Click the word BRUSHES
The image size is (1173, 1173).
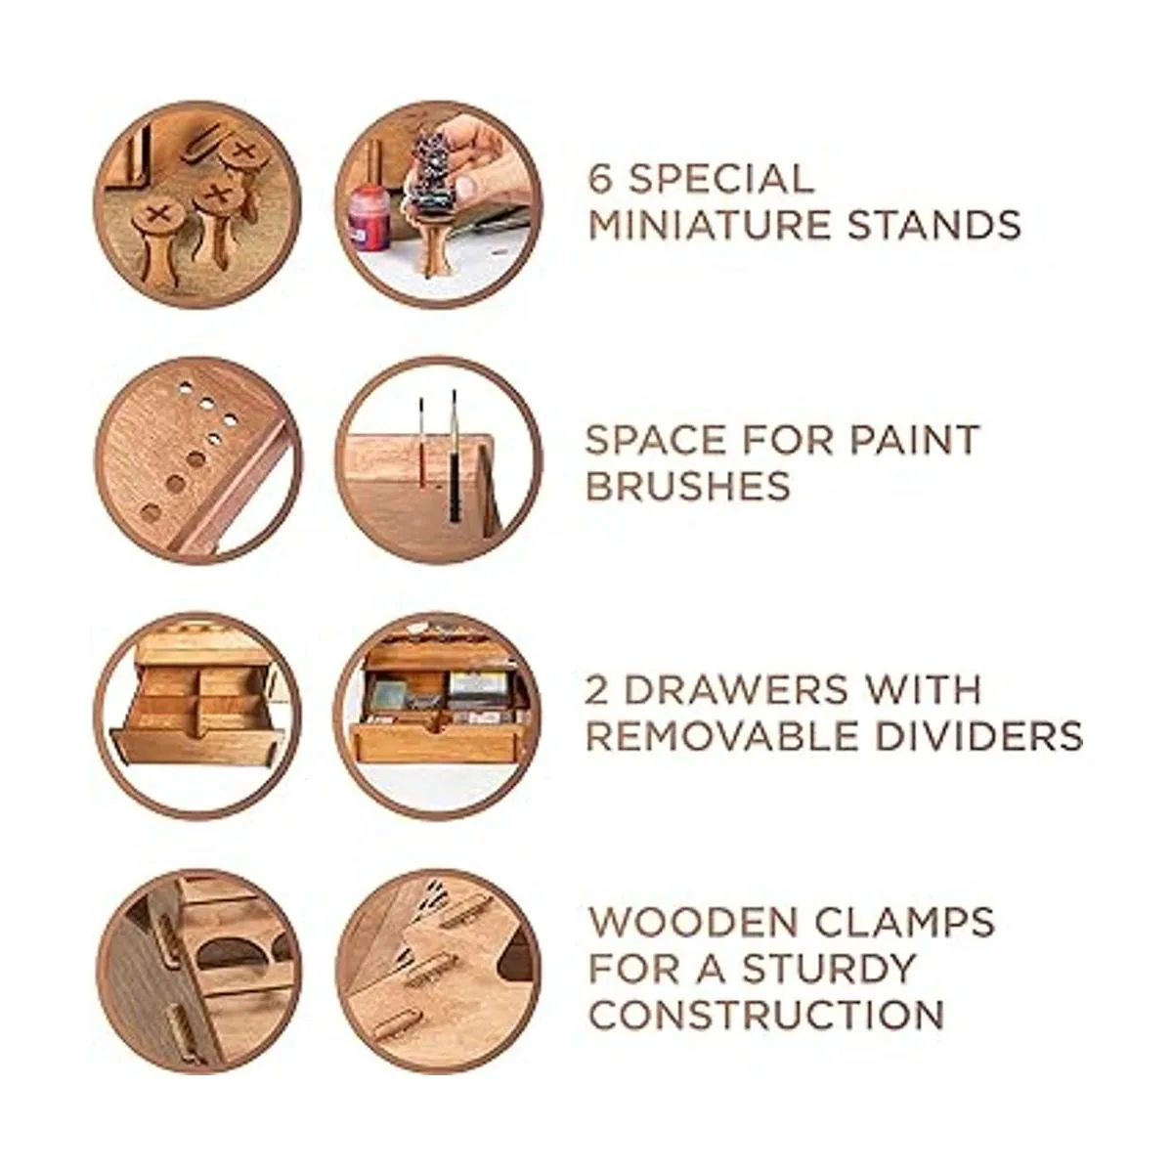[688, 486]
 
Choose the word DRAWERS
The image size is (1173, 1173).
[734, 690]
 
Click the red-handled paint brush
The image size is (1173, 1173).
[420, 451]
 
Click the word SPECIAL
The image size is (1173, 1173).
[721, 178]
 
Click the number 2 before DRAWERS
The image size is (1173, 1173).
[597, 690]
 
